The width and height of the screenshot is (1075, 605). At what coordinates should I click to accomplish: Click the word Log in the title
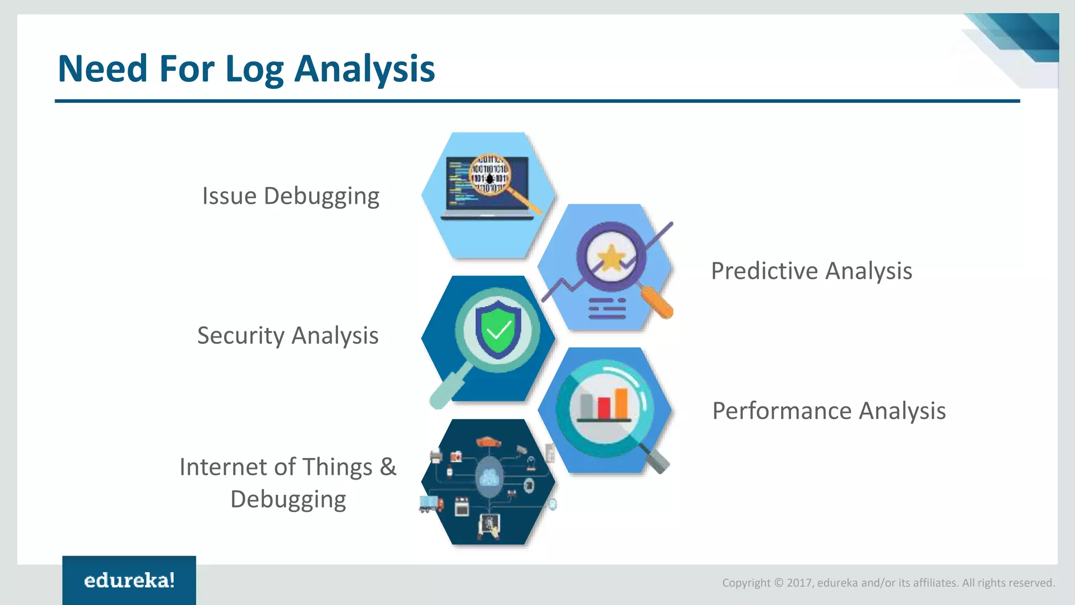pos(254,69)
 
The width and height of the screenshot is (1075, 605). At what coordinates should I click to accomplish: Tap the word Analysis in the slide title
pos(364,69)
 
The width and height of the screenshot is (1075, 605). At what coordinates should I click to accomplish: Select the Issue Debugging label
pos(290,196)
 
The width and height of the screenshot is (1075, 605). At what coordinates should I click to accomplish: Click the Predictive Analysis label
pos(811,271)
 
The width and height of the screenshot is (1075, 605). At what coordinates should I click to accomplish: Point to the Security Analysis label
pos(288,336)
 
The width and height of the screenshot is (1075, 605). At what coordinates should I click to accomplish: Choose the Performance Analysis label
pos(828,411)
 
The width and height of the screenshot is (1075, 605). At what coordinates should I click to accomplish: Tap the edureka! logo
pos(129,580)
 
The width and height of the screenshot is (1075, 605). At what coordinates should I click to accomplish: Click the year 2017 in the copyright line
pos(799,583)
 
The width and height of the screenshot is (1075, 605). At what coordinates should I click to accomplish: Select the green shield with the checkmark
pos(498,329)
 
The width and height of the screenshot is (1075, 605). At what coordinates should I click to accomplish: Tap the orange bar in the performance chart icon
pos(621,403)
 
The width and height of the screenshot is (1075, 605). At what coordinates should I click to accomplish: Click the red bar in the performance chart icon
pos(604,408)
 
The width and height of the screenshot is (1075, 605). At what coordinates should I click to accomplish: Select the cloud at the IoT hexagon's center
pos(489,477)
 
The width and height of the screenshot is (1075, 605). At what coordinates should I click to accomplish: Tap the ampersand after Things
pos(388,467)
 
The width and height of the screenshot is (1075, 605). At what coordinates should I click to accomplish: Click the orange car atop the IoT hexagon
pos(488,442)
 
